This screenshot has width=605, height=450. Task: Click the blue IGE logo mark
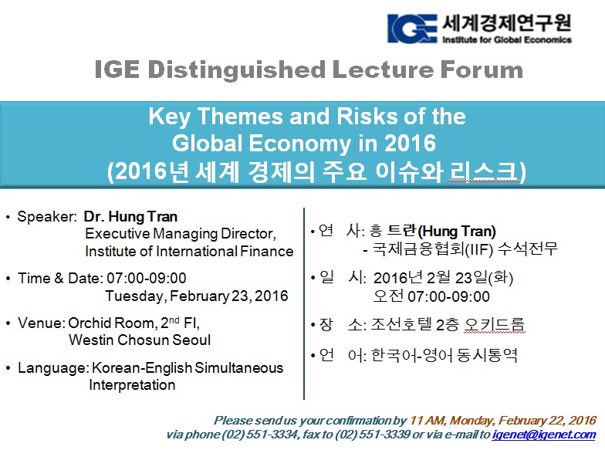pos(412,28)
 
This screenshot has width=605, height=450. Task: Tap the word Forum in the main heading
pos(482,69)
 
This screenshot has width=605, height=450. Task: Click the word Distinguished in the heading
pos(236,70)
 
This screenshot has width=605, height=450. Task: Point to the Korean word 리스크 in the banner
pos(484,171)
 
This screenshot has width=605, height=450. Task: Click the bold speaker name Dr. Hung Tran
pos(130,216)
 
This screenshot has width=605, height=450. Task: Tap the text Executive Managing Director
pos(181,234)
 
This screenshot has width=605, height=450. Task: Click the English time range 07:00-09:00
pos(147,278)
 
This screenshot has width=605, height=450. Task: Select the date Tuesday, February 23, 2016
pos(197,296)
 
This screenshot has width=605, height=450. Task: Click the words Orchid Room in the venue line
pos(112,323)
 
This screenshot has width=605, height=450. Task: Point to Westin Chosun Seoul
pos(140,340)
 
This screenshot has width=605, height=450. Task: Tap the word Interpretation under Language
pos(132,384)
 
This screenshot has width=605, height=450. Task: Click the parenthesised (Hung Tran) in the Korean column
pos(457,232)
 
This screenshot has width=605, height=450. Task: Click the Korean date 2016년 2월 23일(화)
pos(443,278)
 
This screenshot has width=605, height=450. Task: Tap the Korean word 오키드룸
pos(494,324)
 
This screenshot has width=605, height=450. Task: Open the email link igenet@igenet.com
pos(544,435)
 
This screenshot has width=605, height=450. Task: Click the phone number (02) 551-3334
pos(259,435)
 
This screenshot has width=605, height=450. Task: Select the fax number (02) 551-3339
pos(372,435)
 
